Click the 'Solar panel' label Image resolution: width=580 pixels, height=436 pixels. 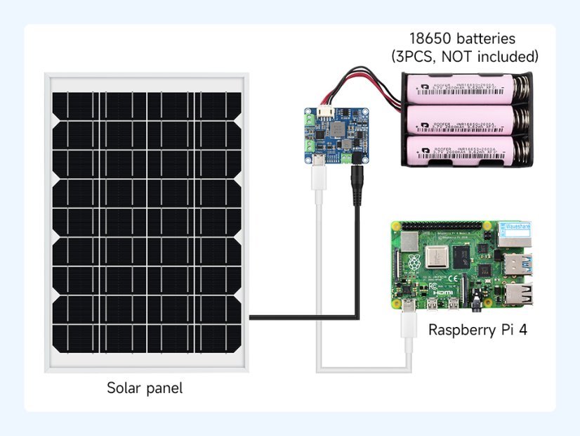tap(145, 387)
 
